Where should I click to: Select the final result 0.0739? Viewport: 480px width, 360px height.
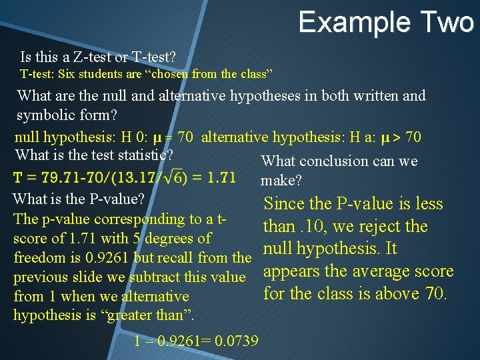point(232,341)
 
